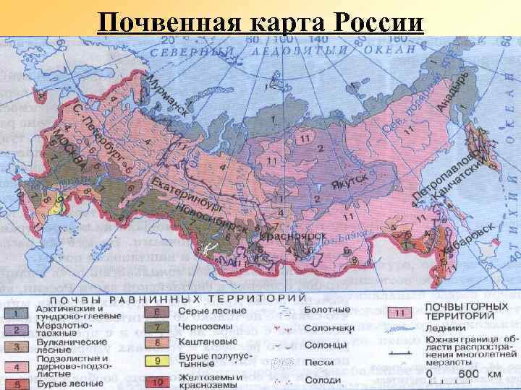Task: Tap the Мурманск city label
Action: pyautogui.click(x=168, y=95)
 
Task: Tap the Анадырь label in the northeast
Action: pyautogui.click(x=453, y=91)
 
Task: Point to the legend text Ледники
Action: pyautogui.click(x=445, y=329)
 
